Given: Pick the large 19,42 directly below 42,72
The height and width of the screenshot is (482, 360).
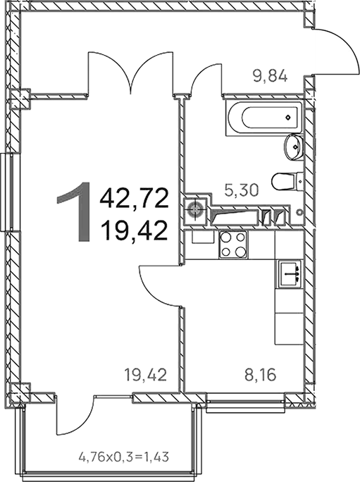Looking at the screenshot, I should [x=135, y=229].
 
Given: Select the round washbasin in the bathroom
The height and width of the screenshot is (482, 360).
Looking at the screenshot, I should [x=294, y=148].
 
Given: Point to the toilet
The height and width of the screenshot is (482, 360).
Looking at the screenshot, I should [x=285, y=181].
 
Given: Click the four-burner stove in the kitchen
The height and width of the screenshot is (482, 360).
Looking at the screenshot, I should [x=233, y=246].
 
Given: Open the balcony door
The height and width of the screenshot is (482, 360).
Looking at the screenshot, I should [x=76, y=419].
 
